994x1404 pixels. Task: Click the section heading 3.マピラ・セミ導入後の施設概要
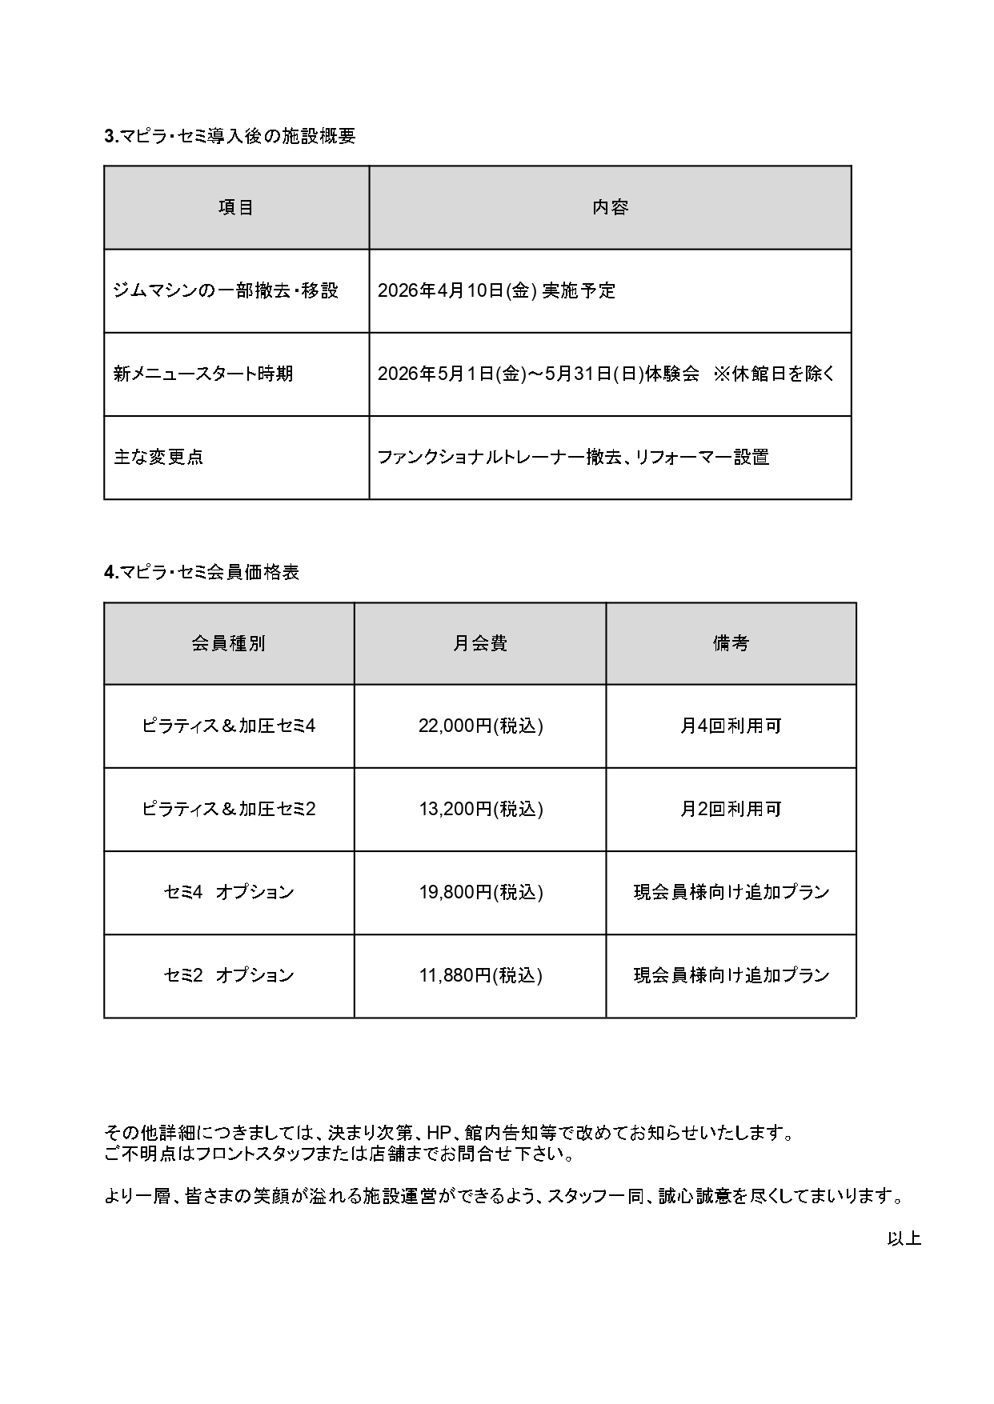pyautogui.click(x=230, y=136)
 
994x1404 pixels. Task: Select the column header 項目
pyautogui.click(x=236, y=207)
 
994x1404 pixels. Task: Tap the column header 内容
pyautogui.click(x=610, y=207)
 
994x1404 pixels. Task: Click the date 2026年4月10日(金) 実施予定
pyautogui.click(x=496, y=290)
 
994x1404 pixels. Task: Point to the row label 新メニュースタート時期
pyautogui.click(x=203, y=374)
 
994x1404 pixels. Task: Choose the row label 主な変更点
pyautogui.click(x=158, y=457)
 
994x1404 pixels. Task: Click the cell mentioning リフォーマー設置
pyautogui.click(x=573, y=457)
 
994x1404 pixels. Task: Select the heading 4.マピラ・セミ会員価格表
pyautogui.click(x=202, y=572)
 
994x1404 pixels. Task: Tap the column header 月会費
pyautogui.click(x=480, y=643)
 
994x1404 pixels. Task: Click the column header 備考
pyautogui.click(x=731, y=643)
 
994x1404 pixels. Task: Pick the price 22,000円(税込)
pyautogui.click(x=480, y=726)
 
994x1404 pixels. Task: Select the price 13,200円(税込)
pyautogui.click(x=480, y=809)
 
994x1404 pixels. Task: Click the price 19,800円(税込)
pyautogui.click(x=480, y=892)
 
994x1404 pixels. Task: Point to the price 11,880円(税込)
pyautogui.click(x=480, y=975)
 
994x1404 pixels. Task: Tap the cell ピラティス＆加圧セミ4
pyautogui.click(x=229, y=726)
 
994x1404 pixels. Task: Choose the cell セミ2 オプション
pyautogui.click(x=229, y=975)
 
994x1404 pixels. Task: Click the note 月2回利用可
pyautogui.click(x=731, y=809)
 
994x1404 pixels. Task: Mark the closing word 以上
pyautogui.click(x=904, y=1238)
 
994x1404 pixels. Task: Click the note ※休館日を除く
pyautogui.click(x=774, y=374)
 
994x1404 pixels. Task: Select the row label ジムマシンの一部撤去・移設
pyautogui.click(x=226, y=290)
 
